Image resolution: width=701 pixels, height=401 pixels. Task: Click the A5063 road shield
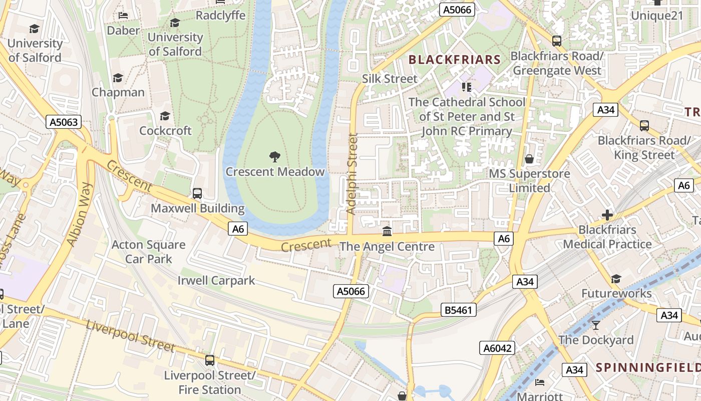pyautogui.click(x=64, y=122)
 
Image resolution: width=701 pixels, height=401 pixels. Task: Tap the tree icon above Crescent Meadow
pyautogui.click(x=274, y=157)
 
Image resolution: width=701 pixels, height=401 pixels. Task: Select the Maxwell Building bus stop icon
pyautogui.click(x=197, y=193)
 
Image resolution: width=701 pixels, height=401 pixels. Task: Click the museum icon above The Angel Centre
pyautogui.click(x=387, y=231)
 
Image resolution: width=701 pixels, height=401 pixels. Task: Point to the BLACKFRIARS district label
pyautogui.click(x=455, y=60)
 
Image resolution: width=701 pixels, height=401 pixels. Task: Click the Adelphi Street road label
pyautogui.click(x=353, y=173)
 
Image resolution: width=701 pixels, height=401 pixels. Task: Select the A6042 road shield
pyautogui.click(x=497, y=348)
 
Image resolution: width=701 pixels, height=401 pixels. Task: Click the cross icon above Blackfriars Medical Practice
pyautogui.click(x=607, y=216)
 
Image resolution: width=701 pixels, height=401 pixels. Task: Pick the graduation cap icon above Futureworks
pyautogui.click(x=616, y=279)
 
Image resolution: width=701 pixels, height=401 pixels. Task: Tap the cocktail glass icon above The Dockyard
pyautogui.click(x=595, y=325)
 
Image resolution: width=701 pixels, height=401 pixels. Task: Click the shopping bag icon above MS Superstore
pyautogui.click(x=529, y=159)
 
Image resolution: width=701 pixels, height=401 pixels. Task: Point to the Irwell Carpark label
pyautogui.click(x=216, y=280)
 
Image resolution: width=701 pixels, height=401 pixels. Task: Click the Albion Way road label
pyautogui.click(x=80, y=214)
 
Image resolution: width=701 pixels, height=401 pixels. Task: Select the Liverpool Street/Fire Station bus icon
pyautogui.click(x=210, y=360)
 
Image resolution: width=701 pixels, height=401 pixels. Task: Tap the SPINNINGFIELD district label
pyautogui.click(x=648, y=367)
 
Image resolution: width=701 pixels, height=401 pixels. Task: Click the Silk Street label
pyautogui.click(x=390, y=79)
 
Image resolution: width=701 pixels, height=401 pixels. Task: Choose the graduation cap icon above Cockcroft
pyautogui.click(x=165, y=116)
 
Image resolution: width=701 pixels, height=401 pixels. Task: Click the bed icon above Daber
pyautogui.click(x=123, y=16)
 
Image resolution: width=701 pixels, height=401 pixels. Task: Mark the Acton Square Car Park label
pyautogui.click(x=148, y=252)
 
